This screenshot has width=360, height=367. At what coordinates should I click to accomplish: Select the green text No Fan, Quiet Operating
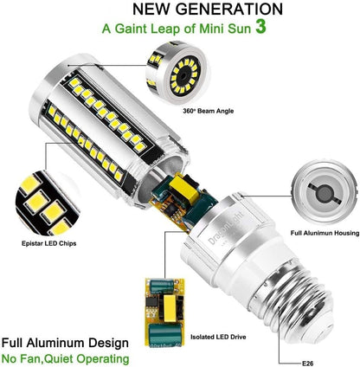[x=66, y=357]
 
